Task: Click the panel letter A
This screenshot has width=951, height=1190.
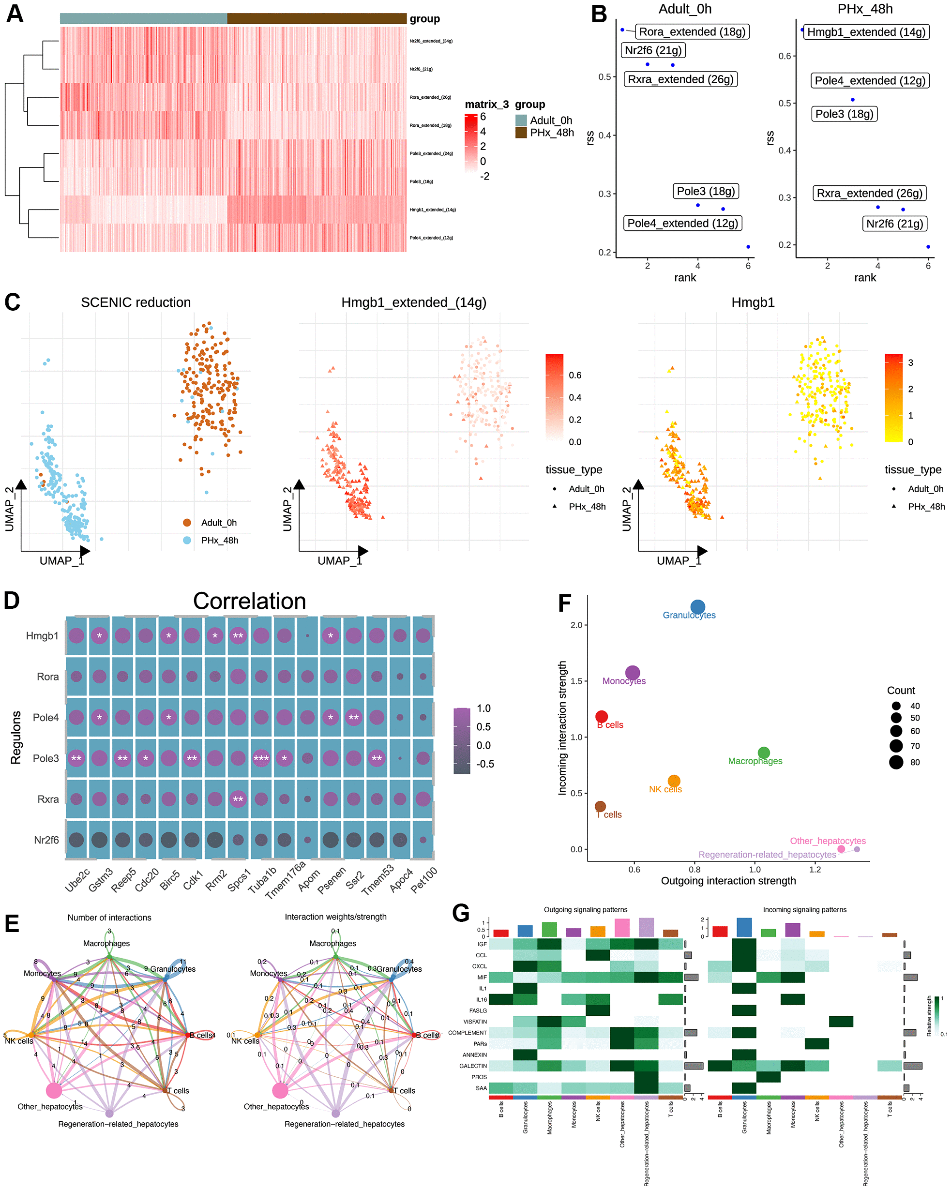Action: click(x=15, y=13)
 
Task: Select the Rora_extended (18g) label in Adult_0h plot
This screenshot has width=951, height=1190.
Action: click(x=692, y=31)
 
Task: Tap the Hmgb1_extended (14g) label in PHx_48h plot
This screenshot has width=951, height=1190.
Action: click(x=865, y=32)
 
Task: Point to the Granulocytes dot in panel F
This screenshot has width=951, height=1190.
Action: click(x=698, y=607)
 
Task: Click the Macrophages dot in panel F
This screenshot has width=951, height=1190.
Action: click(x=763, y=753)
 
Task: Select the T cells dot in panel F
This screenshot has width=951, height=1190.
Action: click(x=601, y=806)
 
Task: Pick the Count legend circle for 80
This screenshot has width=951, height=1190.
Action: click(x=896, y=762)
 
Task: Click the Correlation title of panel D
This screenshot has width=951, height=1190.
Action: click(x=249, y=601)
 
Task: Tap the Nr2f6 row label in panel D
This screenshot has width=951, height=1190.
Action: click(x=46, y=840)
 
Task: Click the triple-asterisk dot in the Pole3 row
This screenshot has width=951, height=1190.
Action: click(x=261, y=758)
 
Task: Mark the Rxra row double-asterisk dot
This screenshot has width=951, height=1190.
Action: click(x=238, y=799)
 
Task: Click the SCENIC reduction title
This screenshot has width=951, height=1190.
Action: click(x=136, y=302)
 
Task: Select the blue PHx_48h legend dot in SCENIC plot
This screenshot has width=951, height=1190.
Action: click(x=187, y=541)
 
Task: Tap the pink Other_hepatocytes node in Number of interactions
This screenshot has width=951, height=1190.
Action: click(x=54, y=1090)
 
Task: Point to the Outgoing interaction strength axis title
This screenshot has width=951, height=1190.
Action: click(x=728, y=881)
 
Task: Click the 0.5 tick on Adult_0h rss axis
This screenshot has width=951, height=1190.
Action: click(x=604, y=77)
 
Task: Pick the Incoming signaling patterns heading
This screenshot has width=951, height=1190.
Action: click(x=804, y=910)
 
